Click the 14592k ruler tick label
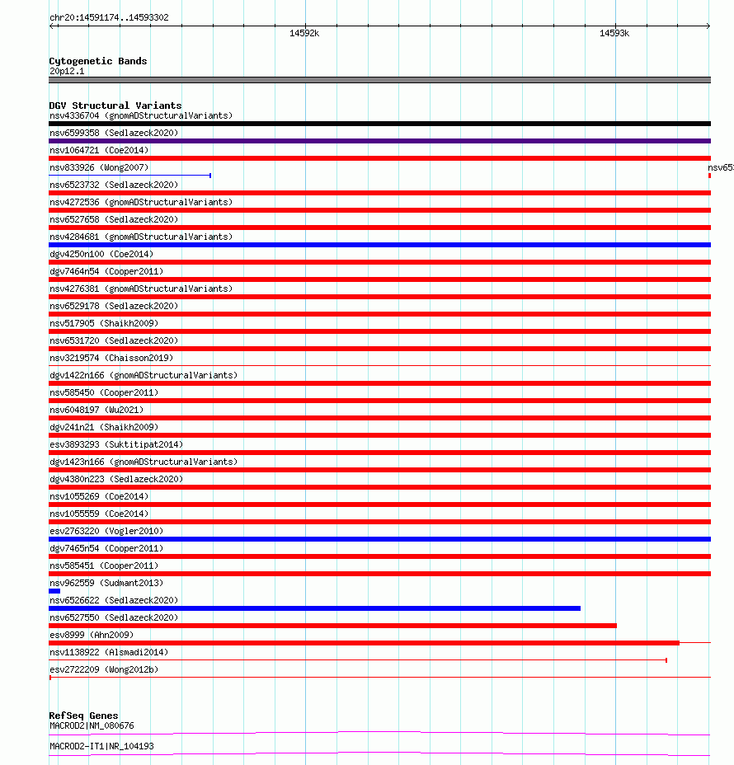[x=304, y=34]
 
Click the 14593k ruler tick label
[x=614, y=34]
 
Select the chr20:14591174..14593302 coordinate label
[x=109, y=17]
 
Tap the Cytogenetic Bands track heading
[x=97, y=61]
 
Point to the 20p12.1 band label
[x=67, y=71]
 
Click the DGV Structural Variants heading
[x=115, y=106]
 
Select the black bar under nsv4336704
[x=379, y=124]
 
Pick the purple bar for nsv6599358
[x=379, y=141]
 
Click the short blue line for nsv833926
[x=129, y=176]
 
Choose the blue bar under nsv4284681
[x=379, y=245]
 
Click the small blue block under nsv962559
[x=54, y=591]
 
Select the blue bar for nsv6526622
[x=314, y=608]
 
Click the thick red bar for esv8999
[x=364, y=643]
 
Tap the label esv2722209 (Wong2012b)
[x=104, y=669]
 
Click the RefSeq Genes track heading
[x=83, y=716]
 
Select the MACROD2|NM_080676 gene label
[x=92, y=725]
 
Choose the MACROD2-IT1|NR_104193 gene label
[x=101, y=746]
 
